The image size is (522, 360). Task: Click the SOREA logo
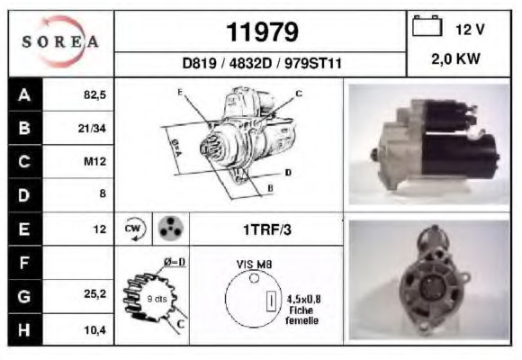60,41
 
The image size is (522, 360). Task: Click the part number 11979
262,32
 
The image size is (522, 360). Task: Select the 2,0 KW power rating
455,58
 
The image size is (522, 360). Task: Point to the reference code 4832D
250,63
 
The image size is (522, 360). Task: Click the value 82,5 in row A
94,94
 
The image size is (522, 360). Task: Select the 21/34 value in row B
92,128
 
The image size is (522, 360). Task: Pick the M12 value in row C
94,161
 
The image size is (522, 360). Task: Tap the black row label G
25,296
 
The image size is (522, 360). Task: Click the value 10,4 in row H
94,330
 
